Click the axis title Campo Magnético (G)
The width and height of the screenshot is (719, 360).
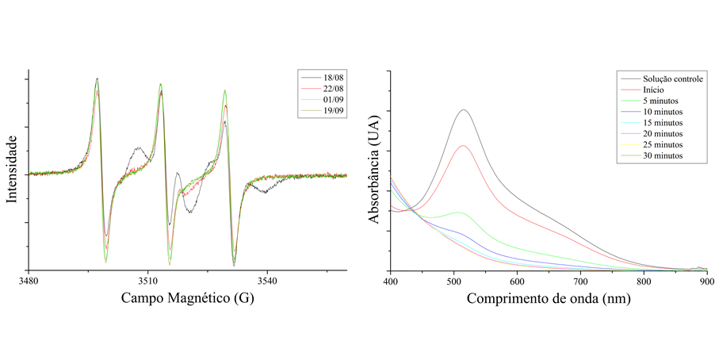(x=188, y=300)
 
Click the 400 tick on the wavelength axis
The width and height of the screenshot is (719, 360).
(x=389, y=281)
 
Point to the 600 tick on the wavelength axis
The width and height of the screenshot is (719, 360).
(x=517, y=281)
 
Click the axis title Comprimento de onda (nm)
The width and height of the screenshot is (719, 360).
(x=549, y=300)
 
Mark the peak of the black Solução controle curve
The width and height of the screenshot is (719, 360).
(x=463, y=110)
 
